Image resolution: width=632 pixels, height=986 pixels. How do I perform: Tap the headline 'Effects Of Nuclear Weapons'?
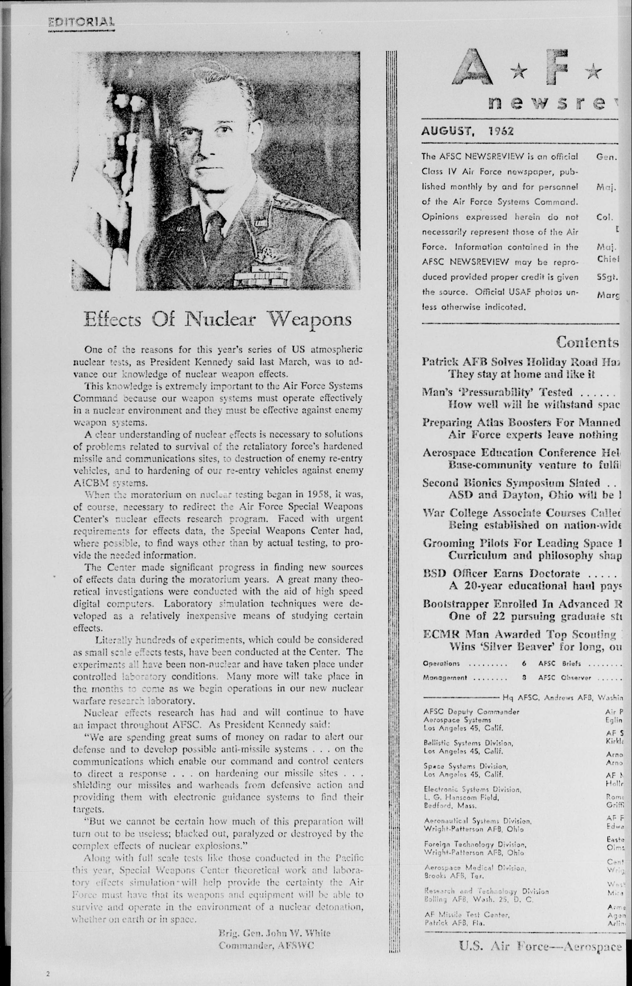pyautogui.click(x=217, y=319)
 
